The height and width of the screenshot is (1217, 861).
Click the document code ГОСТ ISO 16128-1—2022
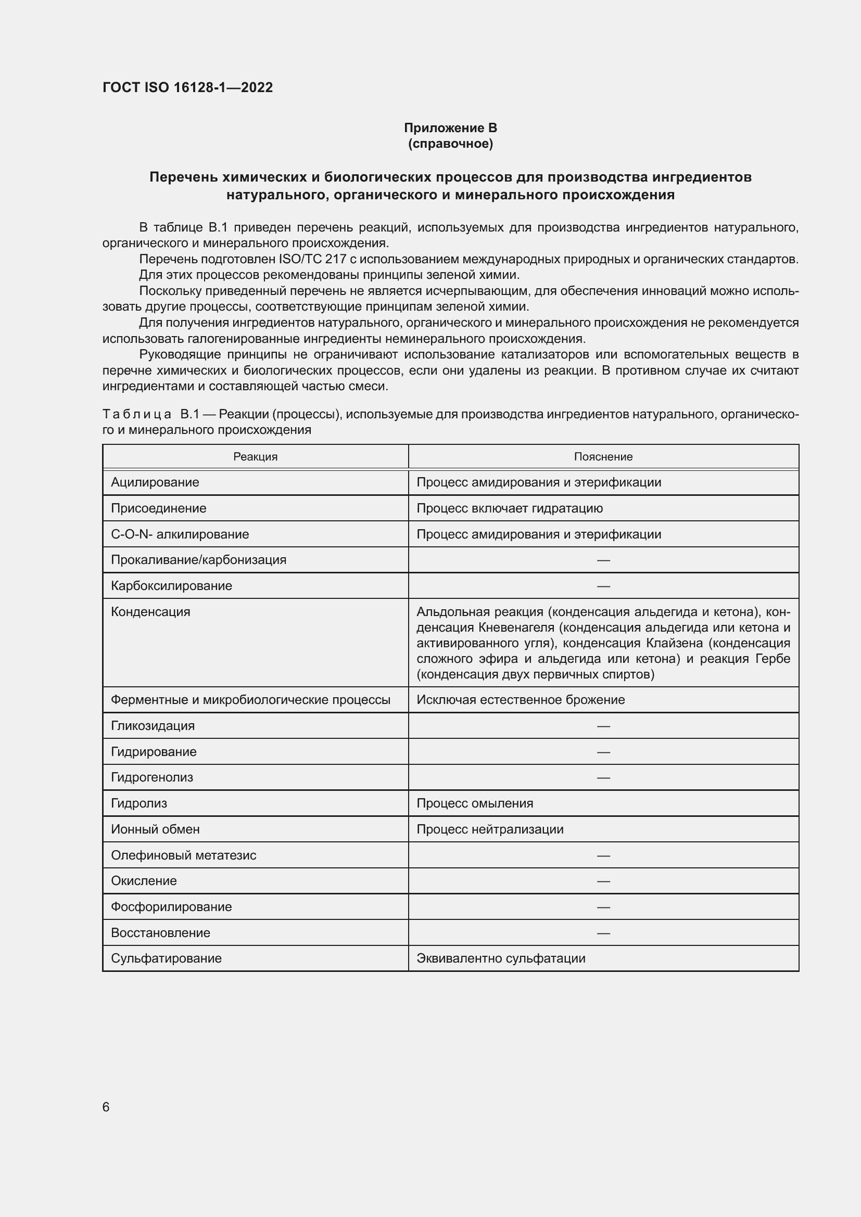[x=188, y=87]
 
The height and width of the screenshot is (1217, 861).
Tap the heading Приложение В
[x=450, y=128]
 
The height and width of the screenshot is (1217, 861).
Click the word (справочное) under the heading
[x=450, y=144]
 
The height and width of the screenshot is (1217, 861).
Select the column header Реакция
[x=255, y=456]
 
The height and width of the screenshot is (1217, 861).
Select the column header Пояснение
[x=603, y=456]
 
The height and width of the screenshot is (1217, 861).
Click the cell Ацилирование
[x=155, y=482]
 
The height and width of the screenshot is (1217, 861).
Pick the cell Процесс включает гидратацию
[x=509, y=508]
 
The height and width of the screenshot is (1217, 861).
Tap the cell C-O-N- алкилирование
[x=180, y=534]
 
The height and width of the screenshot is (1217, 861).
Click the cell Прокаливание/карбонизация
[x=198, y=560]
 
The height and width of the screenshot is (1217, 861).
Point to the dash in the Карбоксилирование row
[x=603, y=586]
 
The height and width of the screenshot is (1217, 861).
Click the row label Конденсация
[x=150, y=612]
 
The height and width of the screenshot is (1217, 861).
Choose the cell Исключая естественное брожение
[x=520, y=700]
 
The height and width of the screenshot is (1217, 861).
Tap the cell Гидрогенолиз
[x=151, y=777]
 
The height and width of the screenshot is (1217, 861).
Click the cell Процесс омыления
[x=475, y=803]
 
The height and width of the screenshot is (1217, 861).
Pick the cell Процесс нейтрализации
[x=489, y=829]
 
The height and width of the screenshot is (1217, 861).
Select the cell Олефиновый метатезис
[x=183, y=855]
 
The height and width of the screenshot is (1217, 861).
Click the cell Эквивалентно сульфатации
[x=500, y=958]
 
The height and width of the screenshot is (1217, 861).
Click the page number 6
[x=106, y=1107]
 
